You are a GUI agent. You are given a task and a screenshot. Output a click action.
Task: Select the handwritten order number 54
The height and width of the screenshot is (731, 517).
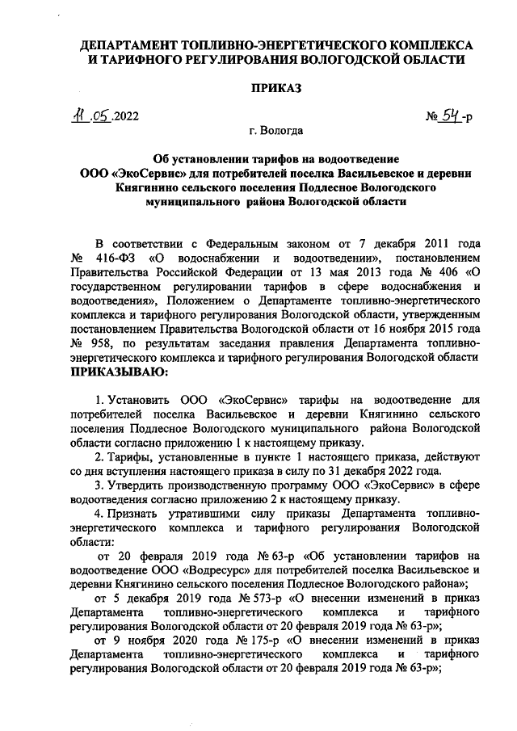pyautogui.click(x=451, y=117)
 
